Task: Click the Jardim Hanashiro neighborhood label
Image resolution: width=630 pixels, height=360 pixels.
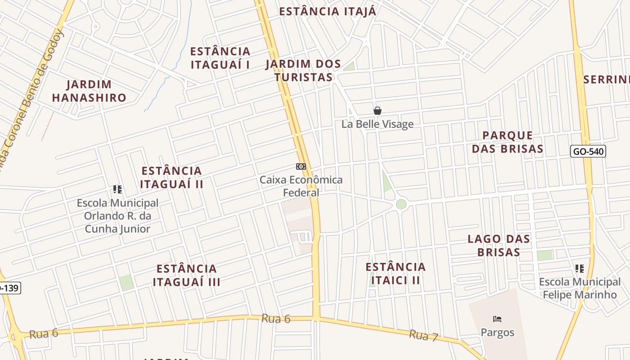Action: pyautogui.click(x=89, y=91)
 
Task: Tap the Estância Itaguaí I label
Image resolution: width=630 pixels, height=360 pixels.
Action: pyautogui.click(x=220, y=58)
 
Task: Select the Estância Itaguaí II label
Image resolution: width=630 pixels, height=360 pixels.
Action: pyautogui.click(x=171, y=177)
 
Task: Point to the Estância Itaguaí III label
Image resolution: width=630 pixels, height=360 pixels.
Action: pyautogui.click(x=186, y=275)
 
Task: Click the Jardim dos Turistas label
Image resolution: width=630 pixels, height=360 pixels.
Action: pyautogui.click(x=303, y=71)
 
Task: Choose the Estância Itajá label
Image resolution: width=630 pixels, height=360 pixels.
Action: pyautogui.click(x=328, y=12)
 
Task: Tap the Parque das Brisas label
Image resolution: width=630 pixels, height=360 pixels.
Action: pyautogui.click(x=508, y=142)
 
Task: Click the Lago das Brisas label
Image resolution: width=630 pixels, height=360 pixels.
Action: pyautogui.click(x=499, y=245)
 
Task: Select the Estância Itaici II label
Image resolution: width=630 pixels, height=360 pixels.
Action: pyautogui.click(x=396, y=274)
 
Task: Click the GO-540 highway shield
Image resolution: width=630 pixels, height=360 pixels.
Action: pyautogui.click(x=588, y=151)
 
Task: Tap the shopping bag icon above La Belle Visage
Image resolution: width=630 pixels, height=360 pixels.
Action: pyautogui.click(x=378, y=111)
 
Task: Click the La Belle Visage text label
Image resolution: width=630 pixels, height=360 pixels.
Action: pyautogui.click(x=377, y=124)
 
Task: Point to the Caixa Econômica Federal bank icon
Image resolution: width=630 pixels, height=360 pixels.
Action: pyautogui.click(x=301, y=166)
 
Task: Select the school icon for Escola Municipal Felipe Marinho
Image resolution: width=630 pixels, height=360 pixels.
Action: pyautogui.click(x=580, y=269)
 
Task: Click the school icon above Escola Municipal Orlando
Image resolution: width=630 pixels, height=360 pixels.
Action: pyautogui.click(x=117, y=189)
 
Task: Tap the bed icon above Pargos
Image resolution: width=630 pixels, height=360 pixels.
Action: pyautogui.click(x=497, y=319)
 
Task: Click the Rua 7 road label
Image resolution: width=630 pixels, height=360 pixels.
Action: pyautogui.click(x=423, y=335)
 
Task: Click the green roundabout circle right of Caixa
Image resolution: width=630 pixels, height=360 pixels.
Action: pyautogui.click(x=401, y=204)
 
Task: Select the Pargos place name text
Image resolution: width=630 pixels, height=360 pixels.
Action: pyautogui.click(x=497, y=333)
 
